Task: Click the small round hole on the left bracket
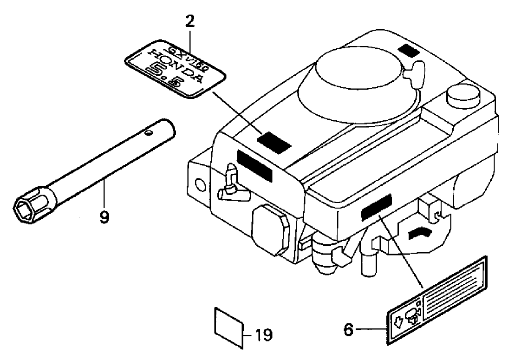click(200, 184)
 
